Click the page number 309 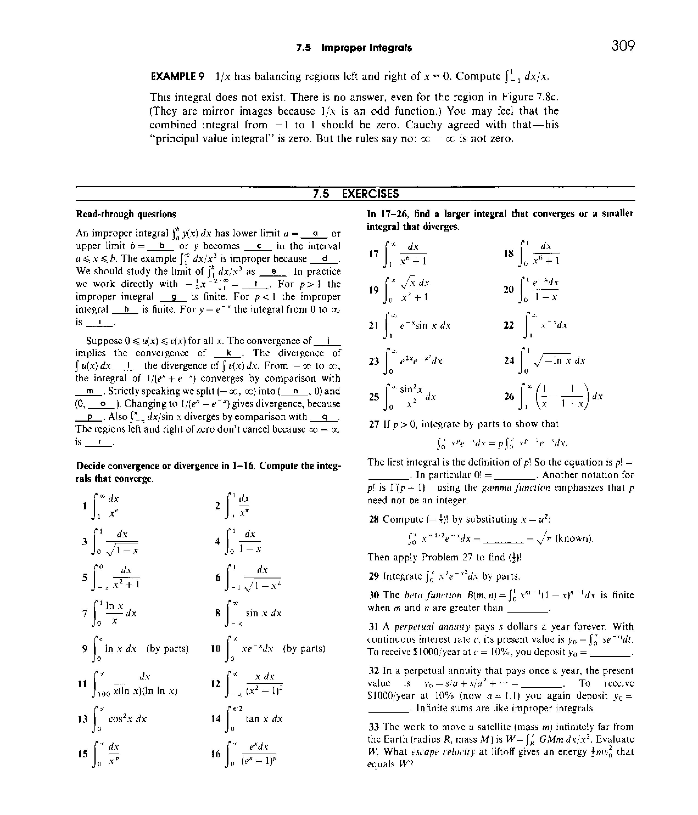[623, 46]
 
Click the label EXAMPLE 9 [178, 76]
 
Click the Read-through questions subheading [126, 214]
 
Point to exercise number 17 [373, 254]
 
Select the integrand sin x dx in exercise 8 [263, 613]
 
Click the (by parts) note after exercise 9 [168, 648]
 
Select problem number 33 [373, 726]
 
